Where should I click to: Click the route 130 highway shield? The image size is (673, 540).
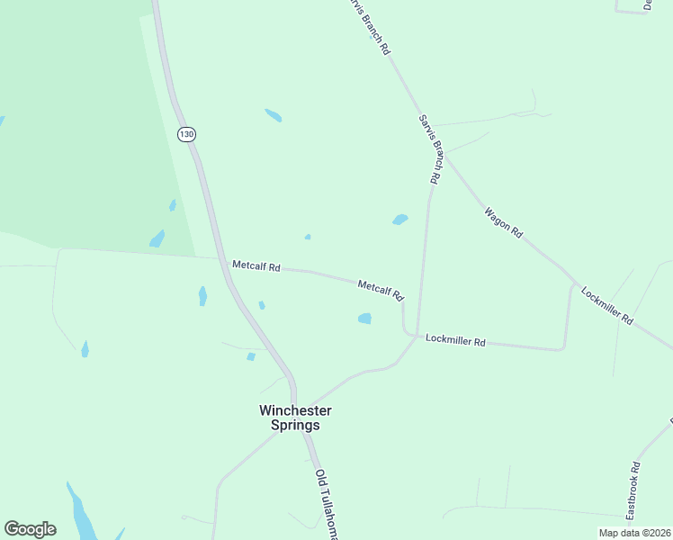[x=186, y=134]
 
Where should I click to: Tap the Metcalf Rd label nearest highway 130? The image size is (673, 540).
[x=256, y=266]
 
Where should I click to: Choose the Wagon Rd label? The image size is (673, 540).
[x=503, y=221]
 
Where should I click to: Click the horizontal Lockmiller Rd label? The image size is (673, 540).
[x=455, y=340]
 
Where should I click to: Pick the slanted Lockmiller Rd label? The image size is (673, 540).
[x=607, y=306]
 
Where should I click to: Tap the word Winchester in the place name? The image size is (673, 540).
[x=296, y=410]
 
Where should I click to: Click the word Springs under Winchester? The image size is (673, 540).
[x=296, y=426]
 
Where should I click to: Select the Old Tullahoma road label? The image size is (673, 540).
[x=327, y=504]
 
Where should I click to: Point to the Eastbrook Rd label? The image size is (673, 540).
[x=633, y=490]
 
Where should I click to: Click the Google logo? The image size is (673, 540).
[x=30, y=529]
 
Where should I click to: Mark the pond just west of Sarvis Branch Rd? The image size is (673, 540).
[x=399, y=219]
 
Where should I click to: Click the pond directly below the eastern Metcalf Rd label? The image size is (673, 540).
[x=364, y=318]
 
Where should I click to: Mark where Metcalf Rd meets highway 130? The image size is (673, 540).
[x=221, y=259]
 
